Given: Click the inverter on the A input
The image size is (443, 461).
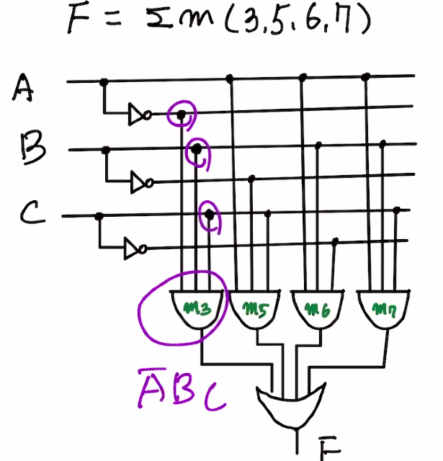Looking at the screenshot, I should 138,113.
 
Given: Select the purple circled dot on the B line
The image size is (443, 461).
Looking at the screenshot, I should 194,149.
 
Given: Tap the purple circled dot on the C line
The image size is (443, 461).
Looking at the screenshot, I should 209,215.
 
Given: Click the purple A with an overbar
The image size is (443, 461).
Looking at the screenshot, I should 151,390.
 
